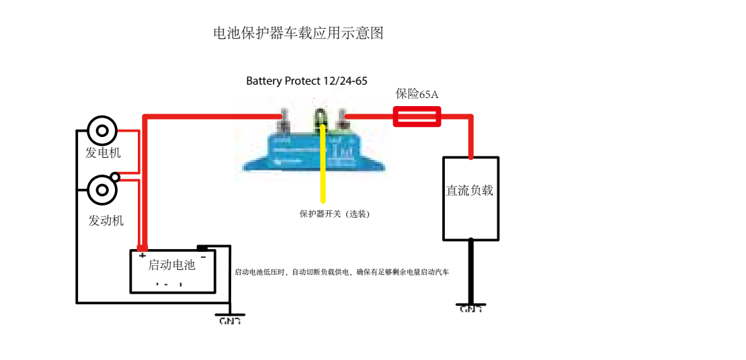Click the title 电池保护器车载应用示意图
pyautogui.click(x=298, y=33)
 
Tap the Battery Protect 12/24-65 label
pyautogui.click(x=306, y=81)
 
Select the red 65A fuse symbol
pyautogui.click(x=417, y=118)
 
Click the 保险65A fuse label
pyautogui.click(x=417, y=94)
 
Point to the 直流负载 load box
pyautogui.click(x=470, y=198)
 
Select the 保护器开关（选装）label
pyautogui.click(x=335, y=214)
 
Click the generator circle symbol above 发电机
pyautogui.click(x=102, y=130)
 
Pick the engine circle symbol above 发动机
pyautogui.click(x=102, y=190)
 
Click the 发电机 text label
pyautogui.click(x=103, y=153)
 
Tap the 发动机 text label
pyautogui.click(x=106, y=220)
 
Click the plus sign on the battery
pyautogui.click(x=142, y=256)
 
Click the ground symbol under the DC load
pyautogui.click(x=470, y=307)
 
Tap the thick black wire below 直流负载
pyautogui.click(x=470, y=272)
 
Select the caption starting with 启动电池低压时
pyautogui.click(x=341, y=272)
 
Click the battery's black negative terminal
pyautogui.click(x=202, y=248)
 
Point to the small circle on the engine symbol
pyautogui.click(x=115, y=177)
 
